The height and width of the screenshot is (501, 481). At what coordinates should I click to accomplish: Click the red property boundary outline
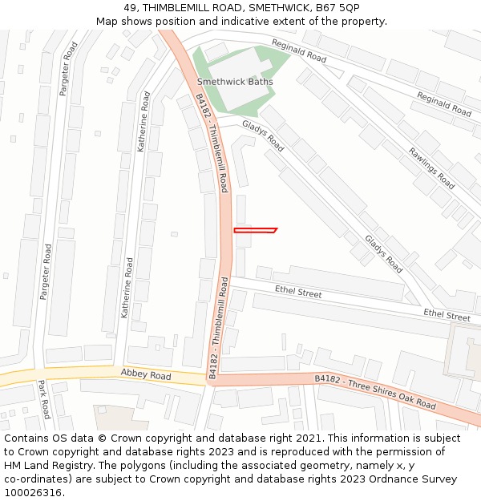[255, 231]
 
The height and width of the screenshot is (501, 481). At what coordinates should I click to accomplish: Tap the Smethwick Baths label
[235, 82]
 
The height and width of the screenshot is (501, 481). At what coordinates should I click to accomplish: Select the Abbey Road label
[146, 375]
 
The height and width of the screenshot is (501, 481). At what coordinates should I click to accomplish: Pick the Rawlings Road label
[431, 168]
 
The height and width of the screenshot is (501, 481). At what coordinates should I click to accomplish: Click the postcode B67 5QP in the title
[338, 8]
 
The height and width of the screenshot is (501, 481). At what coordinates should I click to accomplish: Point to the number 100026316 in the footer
[34, 493]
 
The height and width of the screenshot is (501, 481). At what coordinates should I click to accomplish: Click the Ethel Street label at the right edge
[447, 316]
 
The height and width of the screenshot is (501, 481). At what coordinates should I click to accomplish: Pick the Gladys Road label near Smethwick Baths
[264, 135]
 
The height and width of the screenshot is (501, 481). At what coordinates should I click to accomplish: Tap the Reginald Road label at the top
[299, 51]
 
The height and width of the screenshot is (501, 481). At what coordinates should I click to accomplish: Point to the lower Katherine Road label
[127, 287]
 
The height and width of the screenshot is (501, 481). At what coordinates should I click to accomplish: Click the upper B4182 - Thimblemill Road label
[212, 143]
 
